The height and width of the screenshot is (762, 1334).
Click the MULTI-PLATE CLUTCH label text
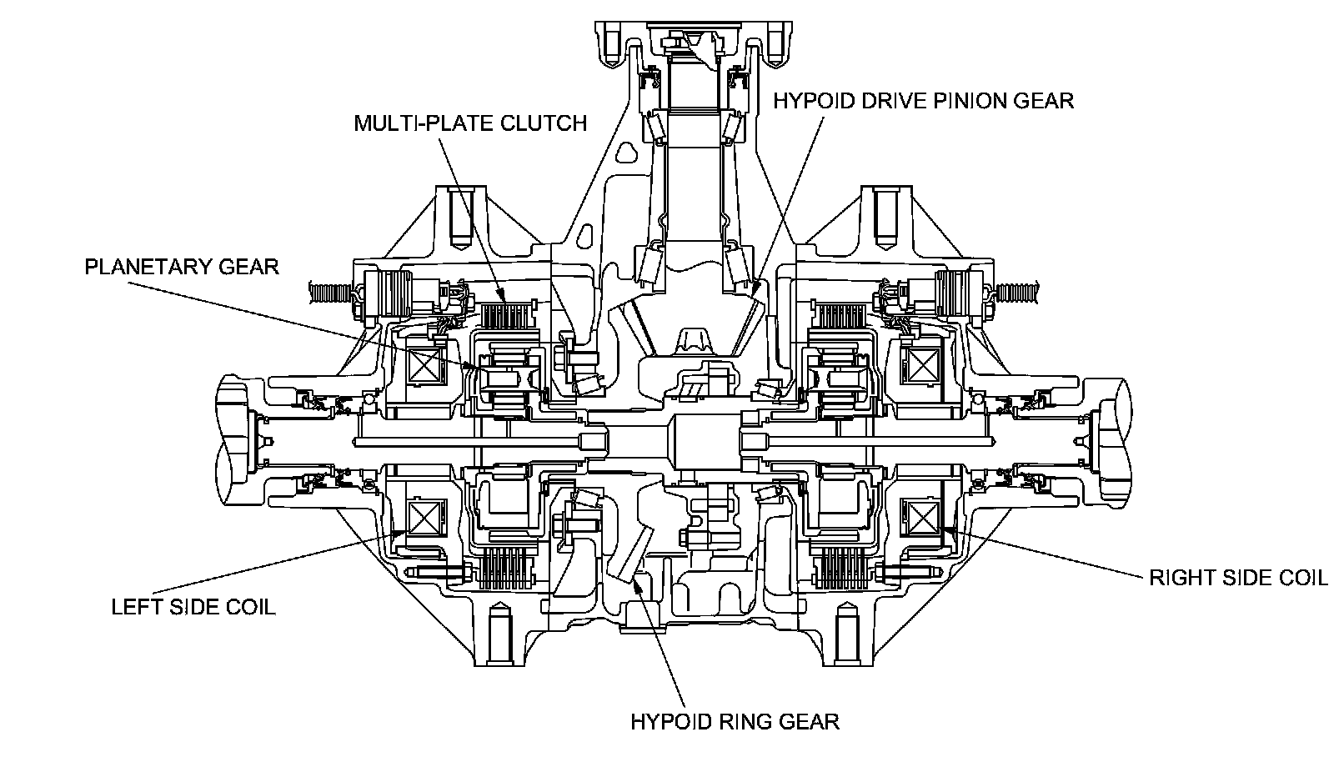[x=470, y=123]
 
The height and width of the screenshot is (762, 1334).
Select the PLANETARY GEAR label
[x=182, y=267]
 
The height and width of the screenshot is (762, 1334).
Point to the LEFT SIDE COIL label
[x=193, y=607]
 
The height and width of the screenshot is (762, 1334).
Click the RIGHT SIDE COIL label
[x=1238, y=578]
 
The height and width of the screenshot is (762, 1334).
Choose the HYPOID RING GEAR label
[x=735, y=721]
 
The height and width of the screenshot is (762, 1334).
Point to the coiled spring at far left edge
[x=333, y=293]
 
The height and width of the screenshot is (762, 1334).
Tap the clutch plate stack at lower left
[x=505, y=568]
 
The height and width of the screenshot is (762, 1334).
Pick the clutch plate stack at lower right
[x=841, y=568]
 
